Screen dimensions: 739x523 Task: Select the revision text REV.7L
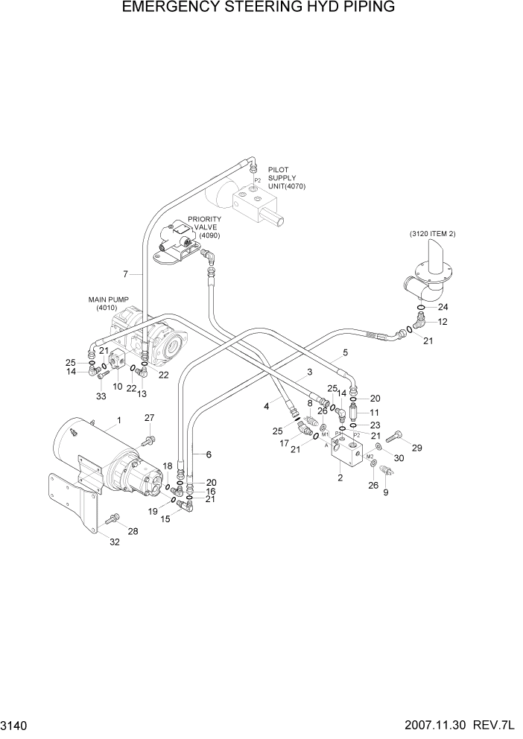click(x=493, y=725)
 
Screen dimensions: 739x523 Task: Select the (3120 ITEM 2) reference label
click(x=432, y=234)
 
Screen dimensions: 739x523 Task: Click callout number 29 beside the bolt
click(x=416, y=448)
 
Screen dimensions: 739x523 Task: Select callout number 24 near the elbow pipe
click(x=443, y=307)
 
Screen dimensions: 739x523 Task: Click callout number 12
click(x=443, y=322)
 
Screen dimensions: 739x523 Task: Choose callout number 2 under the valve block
click(x=340, y=478)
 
